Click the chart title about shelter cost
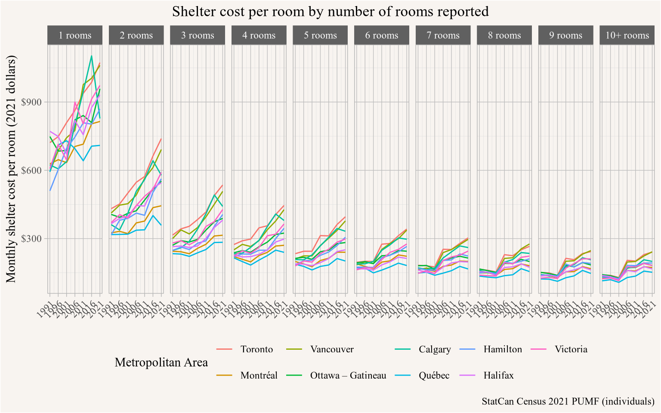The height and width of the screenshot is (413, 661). pyautogui.click(x=330, y=11)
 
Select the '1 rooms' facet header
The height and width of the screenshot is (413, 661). pyautogui.click(x=75, y=35)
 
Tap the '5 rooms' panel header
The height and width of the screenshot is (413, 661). pyautogui.click(x=320, y=35)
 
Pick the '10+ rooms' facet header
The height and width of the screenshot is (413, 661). pyautogui.click(x=627, y=35)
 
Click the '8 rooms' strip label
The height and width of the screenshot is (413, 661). pyautogui.click(x=504, y=35)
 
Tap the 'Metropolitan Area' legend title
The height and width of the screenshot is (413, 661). pyautogui.click(x=161, y=362)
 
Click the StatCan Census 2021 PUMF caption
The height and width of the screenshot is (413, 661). pyautogui.click(x=568, y=401)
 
